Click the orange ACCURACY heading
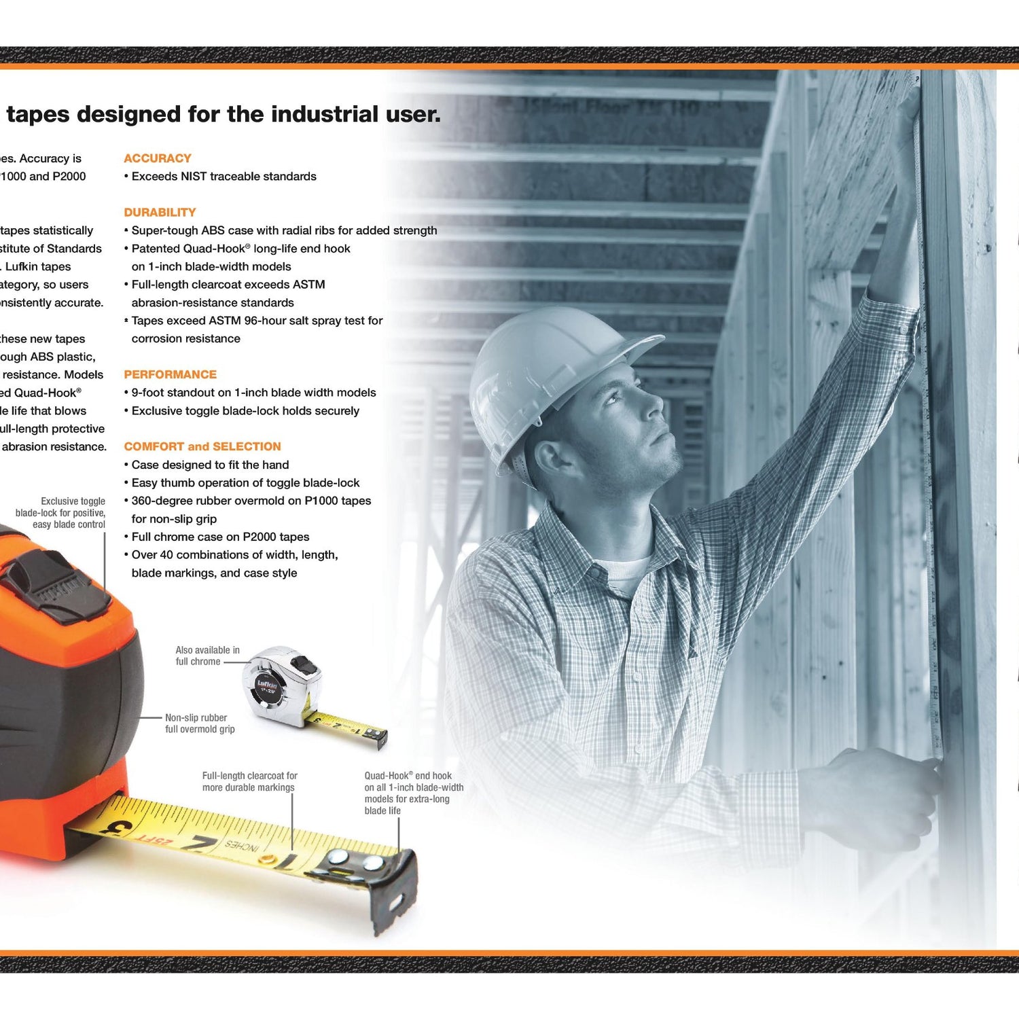[157, 158]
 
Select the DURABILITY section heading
[160, 213]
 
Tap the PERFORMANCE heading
[170, 374]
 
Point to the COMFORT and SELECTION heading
[202, 446]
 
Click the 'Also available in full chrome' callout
[207, 656]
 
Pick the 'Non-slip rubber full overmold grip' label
[199, 723]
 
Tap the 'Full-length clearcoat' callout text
[249, 781]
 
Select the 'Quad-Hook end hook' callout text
[413, 793]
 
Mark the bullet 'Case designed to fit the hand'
[210, 465]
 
